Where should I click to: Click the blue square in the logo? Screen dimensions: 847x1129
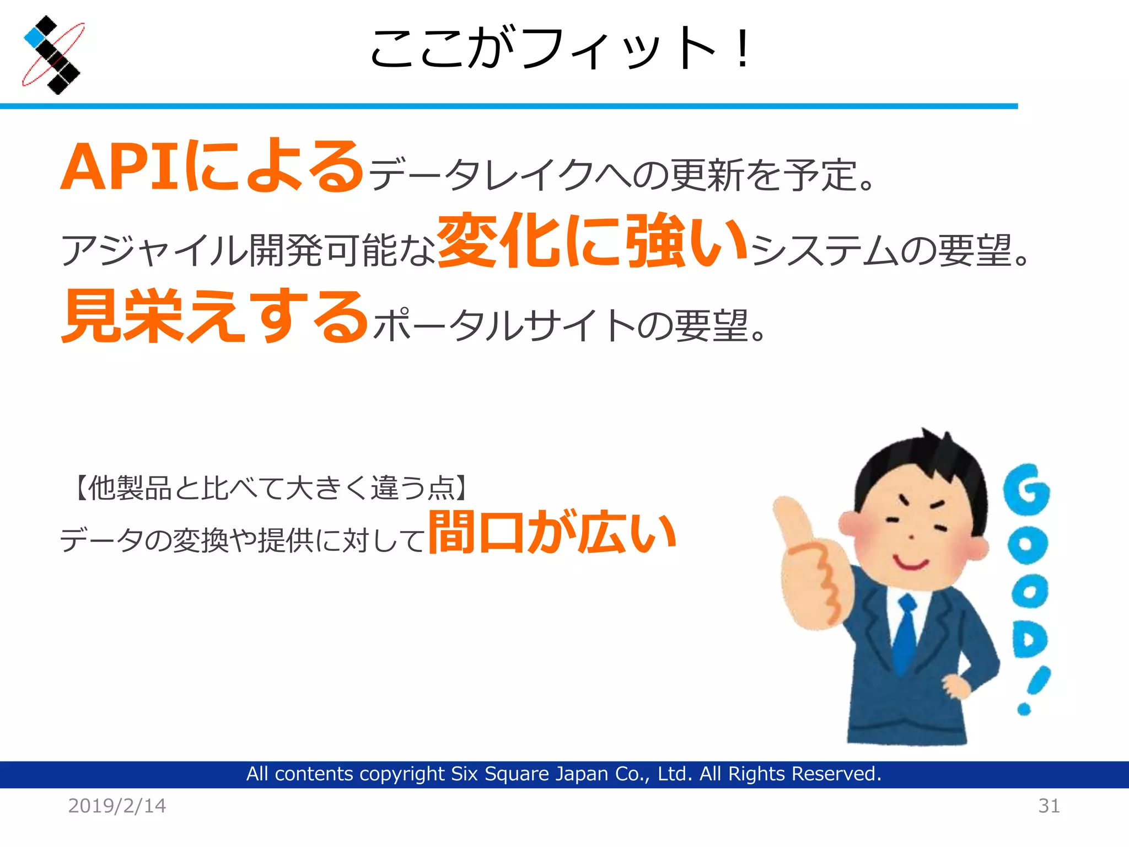tap(34, 37)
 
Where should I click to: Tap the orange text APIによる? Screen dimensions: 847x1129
tap(212, 167)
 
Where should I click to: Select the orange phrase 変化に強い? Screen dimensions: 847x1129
tap(593, 241)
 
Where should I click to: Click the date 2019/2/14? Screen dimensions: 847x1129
tap(117, 806)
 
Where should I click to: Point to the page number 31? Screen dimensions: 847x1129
tap(1049, 806)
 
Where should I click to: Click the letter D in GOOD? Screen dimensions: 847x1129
tap(1029, 640)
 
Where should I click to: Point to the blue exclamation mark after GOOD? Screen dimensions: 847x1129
tap(1034, 689)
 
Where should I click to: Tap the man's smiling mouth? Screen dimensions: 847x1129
tap(911, 563)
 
